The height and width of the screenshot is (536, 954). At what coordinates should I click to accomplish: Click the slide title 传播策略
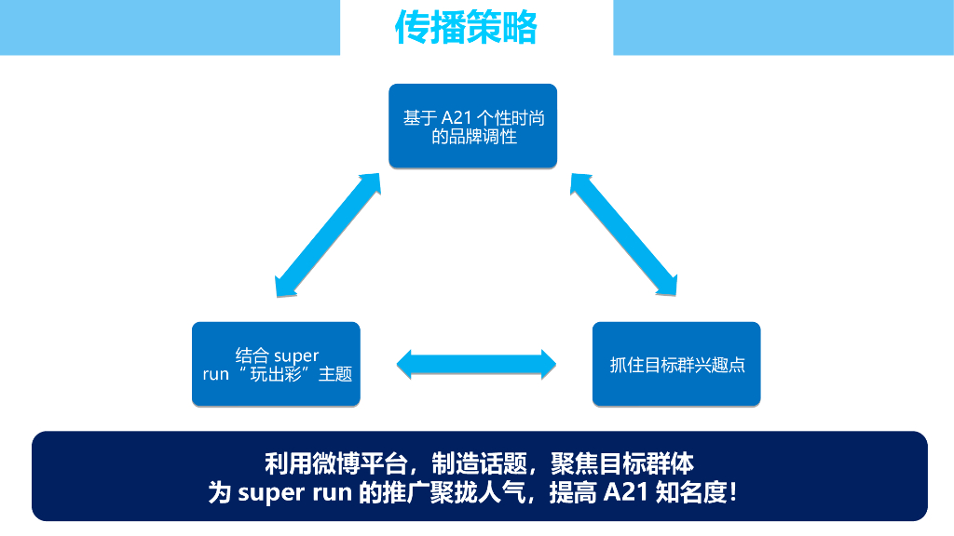pos(466,28)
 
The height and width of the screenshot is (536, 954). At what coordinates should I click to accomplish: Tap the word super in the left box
pos(296,355)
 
